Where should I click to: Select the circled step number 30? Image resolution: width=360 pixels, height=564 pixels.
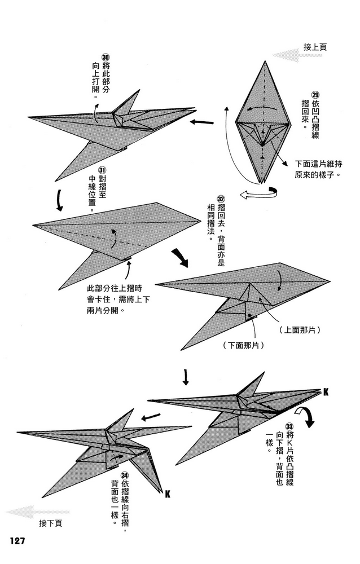[105, 58]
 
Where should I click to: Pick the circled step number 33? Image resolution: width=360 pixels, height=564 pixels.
[289, 427]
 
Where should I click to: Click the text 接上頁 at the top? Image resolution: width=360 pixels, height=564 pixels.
[315, 47]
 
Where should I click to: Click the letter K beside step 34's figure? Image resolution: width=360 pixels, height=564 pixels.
[168, 495]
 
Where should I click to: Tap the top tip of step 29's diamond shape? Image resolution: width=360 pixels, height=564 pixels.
[262, 60]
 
